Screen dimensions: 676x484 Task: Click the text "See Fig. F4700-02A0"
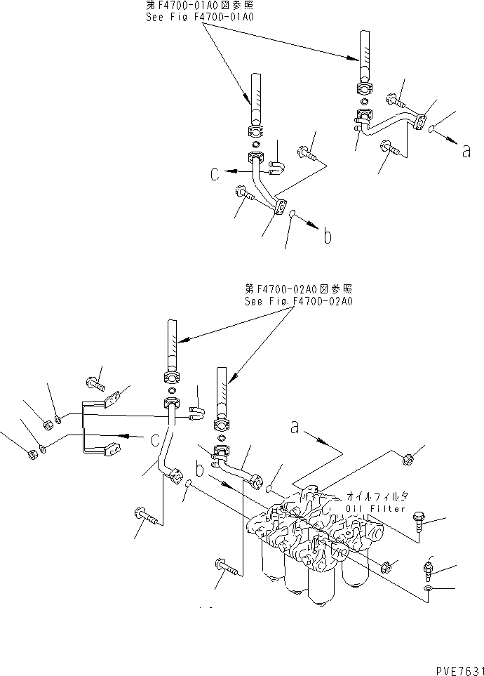298,302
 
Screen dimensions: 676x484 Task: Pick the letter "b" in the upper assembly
326,237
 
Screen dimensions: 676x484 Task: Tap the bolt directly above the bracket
96,383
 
